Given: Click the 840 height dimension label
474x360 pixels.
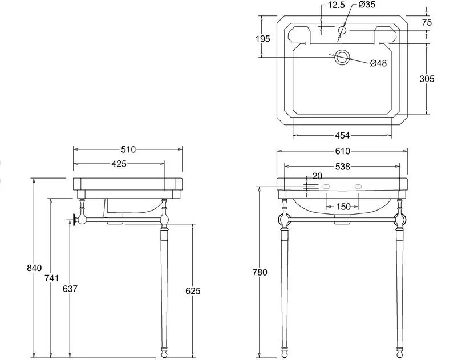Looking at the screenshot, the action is point(34,268).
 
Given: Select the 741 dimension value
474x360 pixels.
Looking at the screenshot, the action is point(52,278).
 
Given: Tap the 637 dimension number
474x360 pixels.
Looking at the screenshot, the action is point(70,289).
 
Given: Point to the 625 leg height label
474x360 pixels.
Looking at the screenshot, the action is point(193,291).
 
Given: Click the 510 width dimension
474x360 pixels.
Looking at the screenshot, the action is point(128,149).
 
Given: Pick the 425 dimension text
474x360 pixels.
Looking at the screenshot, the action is point(119,164).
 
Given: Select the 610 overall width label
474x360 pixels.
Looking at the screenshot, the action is point(342,151).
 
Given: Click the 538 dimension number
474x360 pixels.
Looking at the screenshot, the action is point(342,167).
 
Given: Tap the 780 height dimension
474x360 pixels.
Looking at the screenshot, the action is point(260,272).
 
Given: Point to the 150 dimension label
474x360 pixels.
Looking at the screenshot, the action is point(343,207).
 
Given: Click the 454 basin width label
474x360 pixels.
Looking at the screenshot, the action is point(342,135).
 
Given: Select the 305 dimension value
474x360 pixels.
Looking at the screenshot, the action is point(427,79).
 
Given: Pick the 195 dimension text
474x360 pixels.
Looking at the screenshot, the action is point(263,39).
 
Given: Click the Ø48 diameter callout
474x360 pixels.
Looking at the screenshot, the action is point(378,63).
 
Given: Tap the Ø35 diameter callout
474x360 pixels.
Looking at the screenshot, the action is point(367,5).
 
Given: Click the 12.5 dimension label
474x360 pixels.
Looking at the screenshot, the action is point(336,5).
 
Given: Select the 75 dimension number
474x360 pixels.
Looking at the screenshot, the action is point(427,22).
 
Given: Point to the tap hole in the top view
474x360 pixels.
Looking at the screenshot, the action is point(342,30).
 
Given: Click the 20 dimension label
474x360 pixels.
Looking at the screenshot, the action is point(317,176).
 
